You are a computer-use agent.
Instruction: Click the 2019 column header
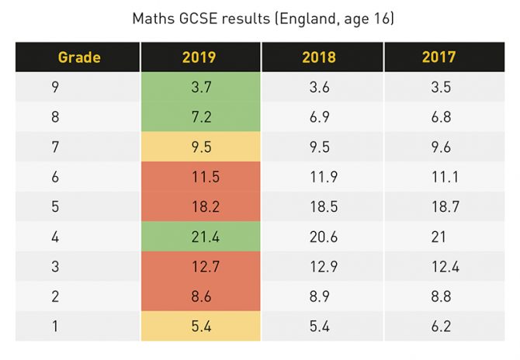pos(199,57)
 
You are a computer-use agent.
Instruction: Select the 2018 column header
pos(319,57)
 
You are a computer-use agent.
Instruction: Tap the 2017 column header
pos(439,57)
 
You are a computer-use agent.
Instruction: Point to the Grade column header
pos(79,57)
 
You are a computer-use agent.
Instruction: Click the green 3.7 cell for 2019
pos(200,88)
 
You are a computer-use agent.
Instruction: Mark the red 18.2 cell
pos(200,206)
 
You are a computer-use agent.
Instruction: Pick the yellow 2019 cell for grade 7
pos(200,147)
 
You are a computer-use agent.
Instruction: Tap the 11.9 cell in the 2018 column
pos(319,176)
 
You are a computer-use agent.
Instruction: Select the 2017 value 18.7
pos(439,206)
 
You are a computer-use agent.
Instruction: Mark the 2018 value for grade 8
pos(319,117)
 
